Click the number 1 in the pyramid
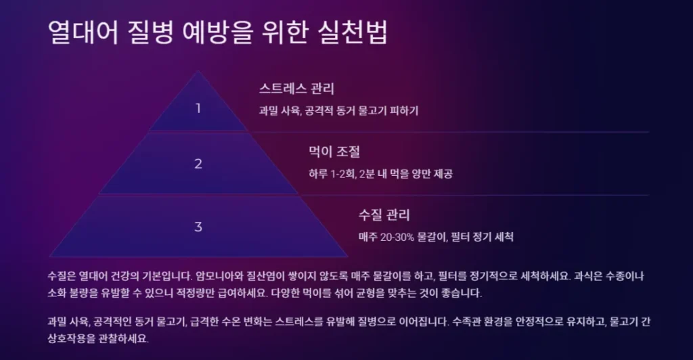[x=198, y=108]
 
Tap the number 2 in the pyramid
[x=198, y=164]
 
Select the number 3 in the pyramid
[x=198, y=227]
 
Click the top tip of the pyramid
[x=198, y=72]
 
